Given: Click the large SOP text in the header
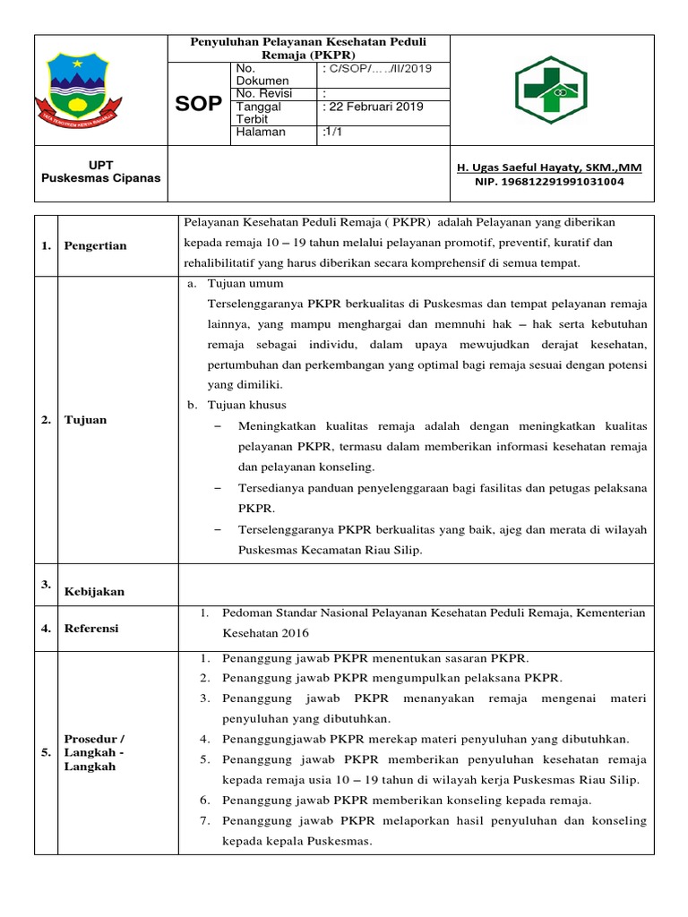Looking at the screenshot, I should pyautogui.click(x=198, y=104).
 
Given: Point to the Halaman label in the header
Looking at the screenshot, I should pyautogui.click(x=260, y=132).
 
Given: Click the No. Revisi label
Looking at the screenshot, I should pyautogui.click(x=263, y=93).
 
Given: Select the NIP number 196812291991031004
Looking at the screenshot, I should pyautogui.click(x=549, y=182).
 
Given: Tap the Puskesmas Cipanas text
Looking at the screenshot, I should pyautogui.click(x=101, y=177).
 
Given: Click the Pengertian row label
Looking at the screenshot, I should pyautogui.click(x=95, y=246).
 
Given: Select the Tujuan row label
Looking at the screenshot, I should pyautogui.click(x=85, y=420).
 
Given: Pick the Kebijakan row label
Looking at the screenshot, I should pyautogui.click(x=94, y=591).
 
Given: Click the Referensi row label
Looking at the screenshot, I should pyautogui.click(x=90, y=629).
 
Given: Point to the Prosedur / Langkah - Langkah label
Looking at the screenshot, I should pyautogui.click(x=94, y=752).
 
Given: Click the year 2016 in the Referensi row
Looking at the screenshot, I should pyautogui.click(x=294, y=633).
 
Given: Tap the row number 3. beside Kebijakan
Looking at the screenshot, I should pyautogui.click(x=46, y=584).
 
